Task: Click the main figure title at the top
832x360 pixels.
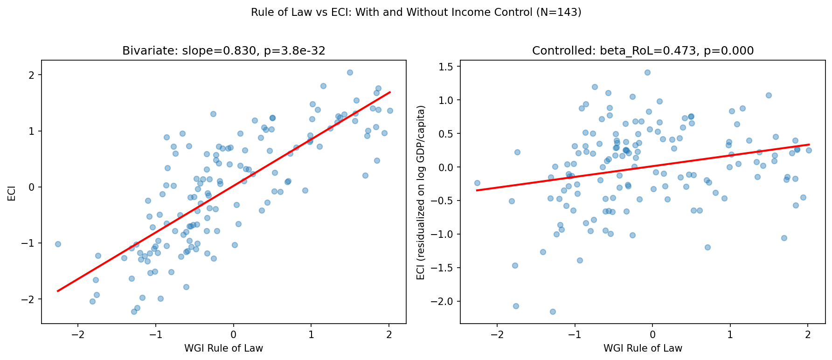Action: pyautogui.click(x=416, y=13)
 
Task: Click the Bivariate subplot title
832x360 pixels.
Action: pyautogui.click(x=223, y=51)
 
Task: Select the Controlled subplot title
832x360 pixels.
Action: pyautogui.click(x=643, y=51)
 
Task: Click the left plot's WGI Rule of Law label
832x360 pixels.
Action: pyautogui.click(x=223, y=348)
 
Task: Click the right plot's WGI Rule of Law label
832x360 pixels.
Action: pyautogui.click(x=643, y=348)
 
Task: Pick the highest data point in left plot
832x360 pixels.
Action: pyautogui.click(x=350, y=72)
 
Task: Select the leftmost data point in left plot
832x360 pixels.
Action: pyautogui.click(x=58, y=244)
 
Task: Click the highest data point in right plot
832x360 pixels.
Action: pyautogui.click(x=647, y=72)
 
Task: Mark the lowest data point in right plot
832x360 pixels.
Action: pyautogui.click(x=553, y=312)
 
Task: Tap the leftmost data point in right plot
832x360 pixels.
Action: pyautogui.click(x=477, y=183)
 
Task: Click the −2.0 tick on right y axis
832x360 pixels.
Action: pyautogui.click(x=445, y=301)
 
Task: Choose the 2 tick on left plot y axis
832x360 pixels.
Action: pyautogui.click(x=32, y=75)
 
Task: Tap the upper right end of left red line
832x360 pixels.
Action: pyautogui.click(x=390, y=92)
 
